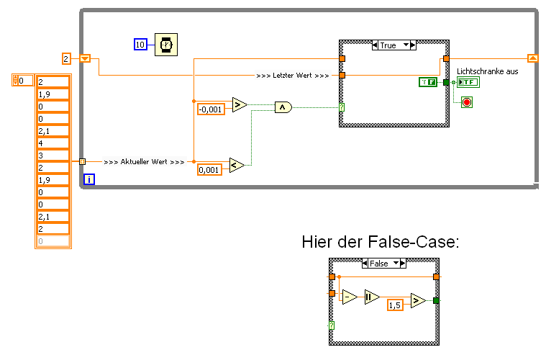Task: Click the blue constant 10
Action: pos(141,45)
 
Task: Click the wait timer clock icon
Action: pos(166,45)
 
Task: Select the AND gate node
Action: pos(284,107)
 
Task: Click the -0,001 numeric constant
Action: pos(211,109)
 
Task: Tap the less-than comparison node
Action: pos(237,166)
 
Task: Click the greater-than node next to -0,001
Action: pos(240,105)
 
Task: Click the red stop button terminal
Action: pos(466,102)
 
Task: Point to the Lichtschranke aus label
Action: pos(487,71)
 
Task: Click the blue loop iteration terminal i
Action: pos(88,179)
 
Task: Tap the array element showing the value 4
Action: pos(53,143)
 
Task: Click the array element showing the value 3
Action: pos(53,156)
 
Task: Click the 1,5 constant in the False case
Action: pos(395,305)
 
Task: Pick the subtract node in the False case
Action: pos(350,297)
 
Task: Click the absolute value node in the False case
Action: pos(371,297)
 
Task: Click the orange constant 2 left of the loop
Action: pos(66,58)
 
